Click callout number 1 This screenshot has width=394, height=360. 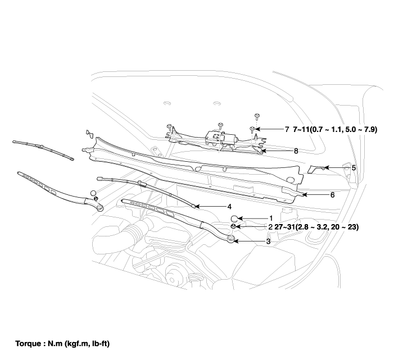[x=270, y=218]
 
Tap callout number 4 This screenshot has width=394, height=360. [x=229, y=206]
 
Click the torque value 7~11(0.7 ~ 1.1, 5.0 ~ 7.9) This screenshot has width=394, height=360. [x=335, y=129]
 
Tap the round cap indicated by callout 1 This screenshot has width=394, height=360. [x=235, y=218]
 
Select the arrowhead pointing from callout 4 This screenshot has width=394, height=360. [x=196, y=206]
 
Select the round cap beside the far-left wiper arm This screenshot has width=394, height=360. [x=93, y=194]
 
